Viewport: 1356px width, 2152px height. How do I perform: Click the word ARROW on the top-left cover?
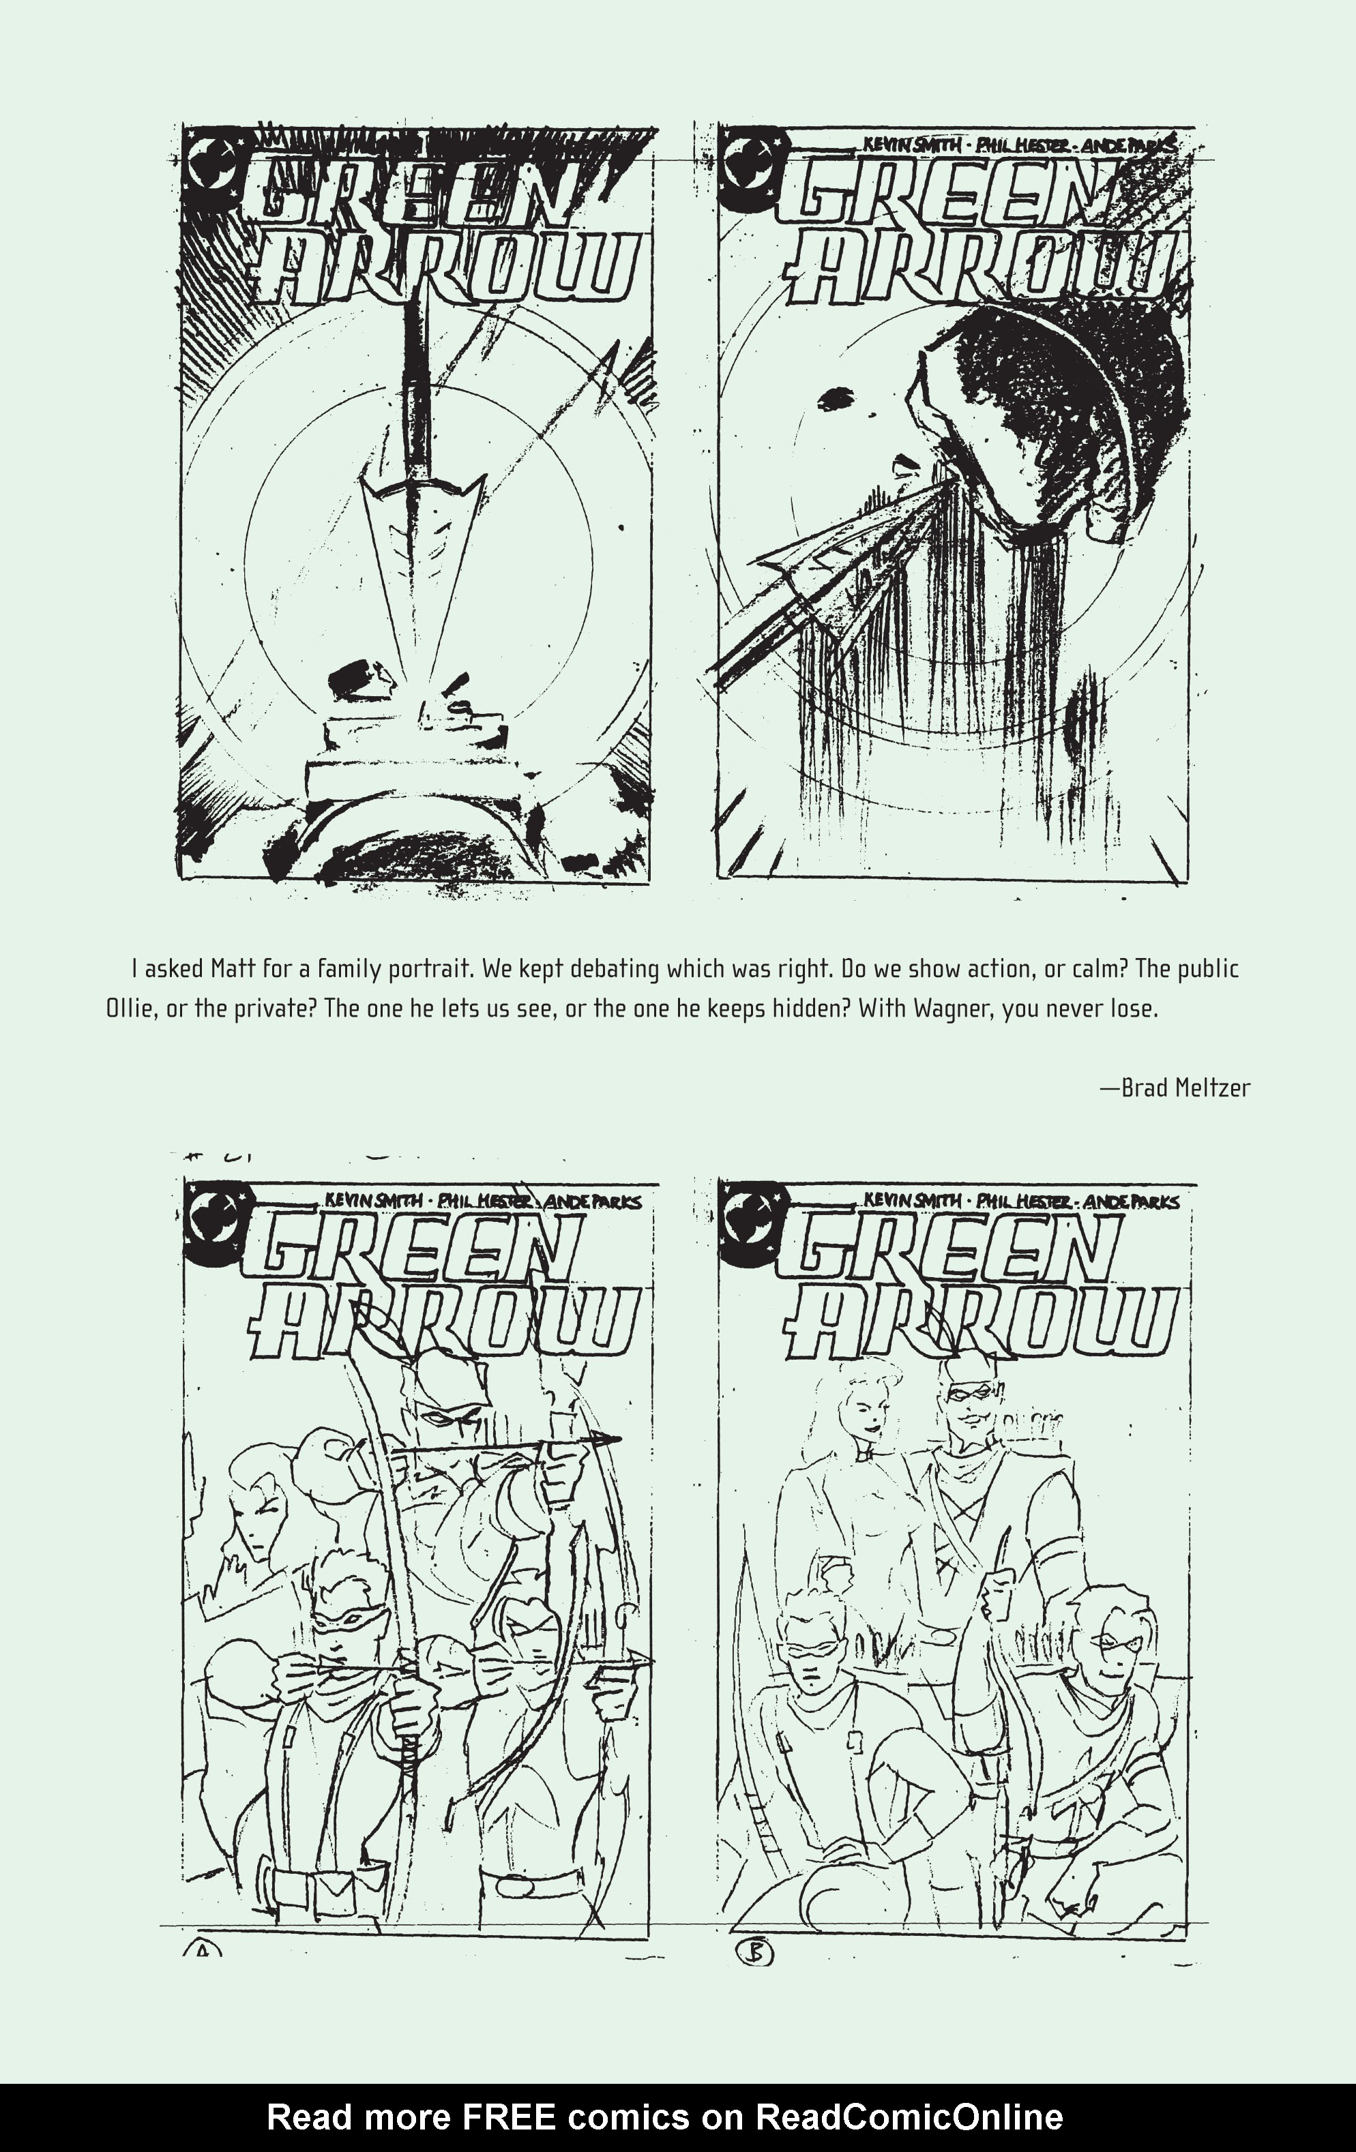pos(447,273)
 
